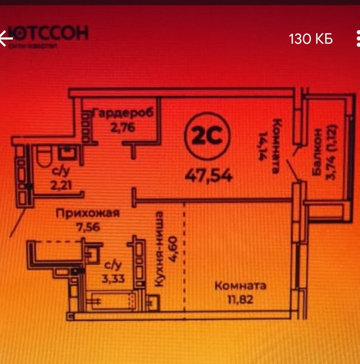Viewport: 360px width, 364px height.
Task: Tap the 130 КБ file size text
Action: coord(311,39)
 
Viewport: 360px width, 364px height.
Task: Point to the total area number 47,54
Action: coord(208,175)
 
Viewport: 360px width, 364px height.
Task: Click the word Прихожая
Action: coord(88,213)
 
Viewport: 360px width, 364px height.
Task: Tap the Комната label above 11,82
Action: coord(240,285)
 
